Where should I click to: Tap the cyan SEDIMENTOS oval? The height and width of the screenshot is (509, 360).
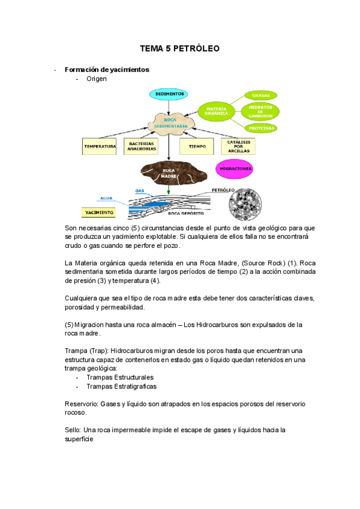(170, 94)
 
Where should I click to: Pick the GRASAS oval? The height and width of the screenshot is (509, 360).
(261, 95)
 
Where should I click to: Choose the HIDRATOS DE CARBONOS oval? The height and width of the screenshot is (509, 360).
(261, 111)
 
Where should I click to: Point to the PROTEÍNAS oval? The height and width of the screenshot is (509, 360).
(261, 127)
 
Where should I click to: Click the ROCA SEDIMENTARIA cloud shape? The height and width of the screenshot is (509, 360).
(171, 122)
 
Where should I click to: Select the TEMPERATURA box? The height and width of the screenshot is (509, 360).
(100, 146)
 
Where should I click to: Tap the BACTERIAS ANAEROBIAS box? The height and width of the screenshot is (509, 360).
(142, 146)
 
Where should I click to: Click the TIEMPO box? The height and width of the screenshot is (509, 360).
(197, 146)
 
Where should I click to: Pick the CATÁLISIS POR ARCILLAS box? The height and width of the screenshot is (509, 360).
(239, 146)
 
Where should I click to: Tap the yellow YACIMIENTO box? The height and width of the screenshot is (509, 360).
(98, 212)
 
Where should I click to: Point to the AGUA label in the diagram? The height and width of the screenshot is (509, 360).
(106, 197)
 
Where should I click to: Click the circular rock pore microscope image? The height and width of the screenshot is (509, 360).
(245, 204)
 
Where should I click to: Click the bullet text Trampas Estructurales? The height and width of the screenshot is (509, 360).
(120, 377)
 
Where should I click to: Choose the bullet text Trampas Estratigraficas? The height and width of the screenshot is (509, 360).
(121, 387)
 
